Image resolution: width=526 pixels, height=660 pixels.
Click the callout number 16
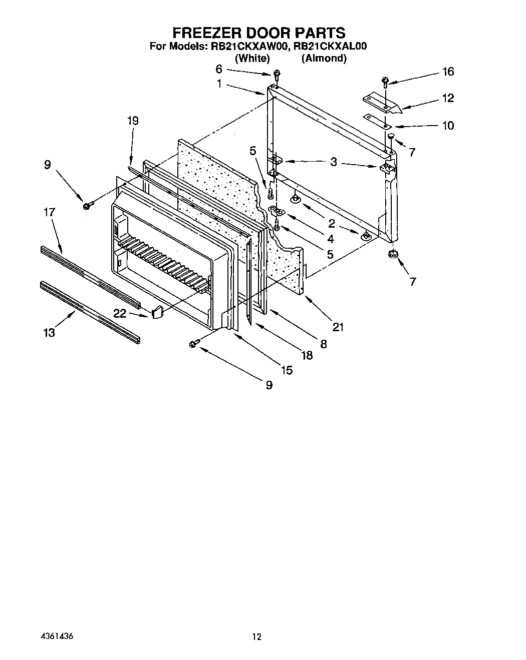pyautogui.click(x=448, y=72)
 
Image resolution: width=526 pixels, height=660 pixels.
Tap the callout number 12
pyautogui.click(x=448, y=98)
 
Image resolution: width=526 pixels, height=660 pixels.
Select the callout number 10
pyautogui.click(x=448, y=125)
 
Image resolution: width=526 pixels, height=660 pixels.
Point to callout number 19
pyautogui.click(x=133, y=121)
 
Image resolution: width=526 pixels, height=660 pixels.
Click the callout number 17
pyautogui.click(x=49, y=212)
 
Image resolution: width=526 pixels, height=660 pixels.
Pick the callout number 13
pyautogui.click(x=49, y=332)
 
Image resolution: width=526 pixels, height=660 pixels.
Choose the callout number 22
pyautogui.click(x=120, y=313)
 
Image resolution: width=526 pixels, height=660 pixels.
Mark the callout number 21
pyautogui.click(x=338, y=327)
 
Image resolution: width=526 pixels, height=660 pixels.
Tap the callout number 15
pyautogui.click(x=287, y=370)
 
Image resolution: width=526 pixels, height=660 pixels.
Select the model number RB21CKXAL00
pyautogui.click(x=331, y=47)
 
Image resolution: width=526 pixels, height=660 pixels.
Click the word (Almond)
pyautogui.click(x=324, y=58)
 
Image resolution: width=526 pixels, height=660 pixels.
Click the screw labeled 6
pyautogui.click(x=276, y=76)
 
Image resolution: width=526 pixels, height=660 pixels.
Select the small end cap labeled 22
pyautogui.click(x=157, y=312)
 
